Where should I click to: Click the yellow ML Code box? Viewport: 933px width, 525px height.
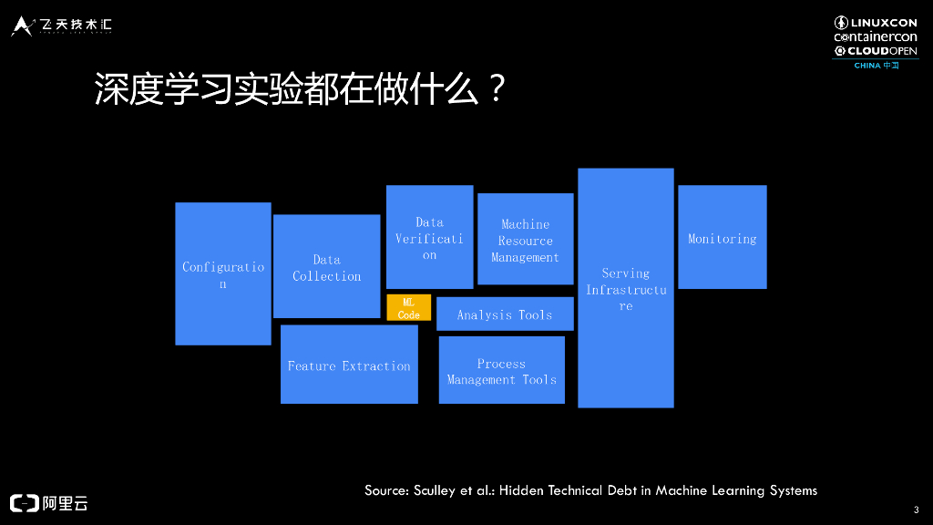click(x=408, y=307)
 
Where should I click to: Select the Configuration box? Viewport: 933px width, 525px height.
click(x=222, y=273)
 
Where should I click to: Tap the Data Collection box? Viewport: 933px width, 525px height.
click(x=326, y=266)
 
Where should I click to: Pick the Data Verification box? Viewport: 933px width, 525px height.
click(x=429, y=237)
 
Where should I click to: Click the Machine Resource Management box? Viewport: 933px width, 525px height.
click(x=525, y=240)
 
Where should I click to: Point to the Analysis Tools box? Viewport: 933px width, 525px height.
click(x=504, y=314)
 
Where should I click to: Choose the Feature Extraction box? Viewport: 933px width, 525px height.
click(x=349, y=365)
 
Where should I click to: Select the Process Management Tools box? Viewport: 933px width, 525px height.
click(x=501, y=370)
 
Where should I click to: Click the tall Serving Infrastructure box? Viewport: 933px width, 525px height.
click(x=625, y=288)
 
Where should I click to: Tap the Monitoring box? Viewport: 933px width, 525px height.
click(x=722, y=237)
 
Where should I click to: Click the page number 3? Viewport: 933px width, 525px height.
click(x=915, y=509)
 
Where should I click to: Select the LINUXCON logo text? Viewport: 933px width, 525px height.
click(x=883, y=23)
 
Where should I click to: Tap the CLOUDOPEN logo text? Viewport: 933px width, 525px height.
click(x=883, y=51)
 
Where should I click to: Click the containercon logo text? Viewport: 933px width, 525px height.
click(x=875, y=36)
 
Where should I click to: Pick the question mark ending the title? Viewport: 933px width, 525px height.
click(x=495, y=90)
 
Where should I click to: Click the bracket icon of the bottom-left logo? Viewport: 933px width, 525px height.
click(x=24, y=502)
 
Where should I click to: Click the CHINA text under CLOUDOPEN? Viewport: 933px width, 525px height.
click(x=866, y=66)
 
